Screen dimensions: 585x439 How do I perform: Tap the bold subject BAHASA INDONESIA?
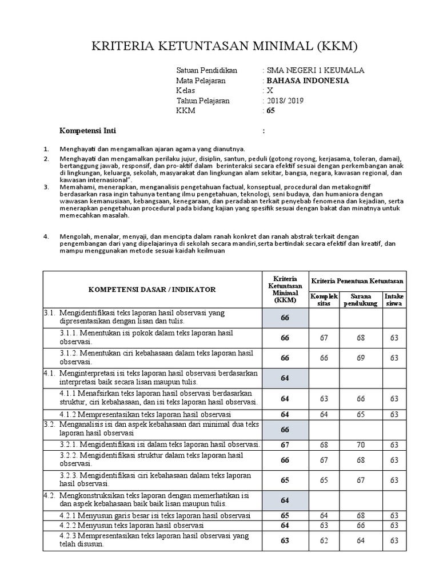[308, 81]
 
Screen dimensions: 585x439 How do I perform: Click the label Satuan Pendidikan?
[207, 70]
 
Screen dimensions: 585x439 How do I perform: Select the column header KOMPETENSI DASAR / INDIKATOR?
[152, 290]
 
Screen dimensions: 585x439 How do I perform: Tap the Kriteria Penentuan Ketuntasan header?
[357, 281]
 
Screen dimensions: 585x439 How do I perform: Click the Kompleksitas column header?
[324, 300]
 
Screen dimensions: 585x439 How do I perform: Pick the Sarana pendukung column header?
[361, 300]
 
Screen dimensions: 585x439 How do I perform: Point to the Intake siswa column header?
[394, 300]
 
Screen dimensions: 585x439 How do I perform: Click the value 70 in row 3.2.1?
[361, 444]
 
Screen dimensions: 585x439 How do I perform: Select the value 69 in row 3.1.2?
[361, 358]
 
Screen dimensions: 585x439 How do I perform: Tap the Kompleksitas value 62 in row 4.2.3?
[324, 540]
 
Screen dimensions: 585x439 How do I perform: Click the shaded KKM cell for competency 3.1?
[285, 318]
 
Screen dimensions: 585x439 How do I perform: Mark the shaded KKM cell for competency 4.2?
[285, 500]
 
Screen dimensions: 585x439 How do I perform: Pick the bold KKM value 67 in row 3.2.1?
[285, 444]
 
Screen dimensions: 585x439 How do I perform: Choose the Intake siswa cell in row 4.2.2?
[394, 525]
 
